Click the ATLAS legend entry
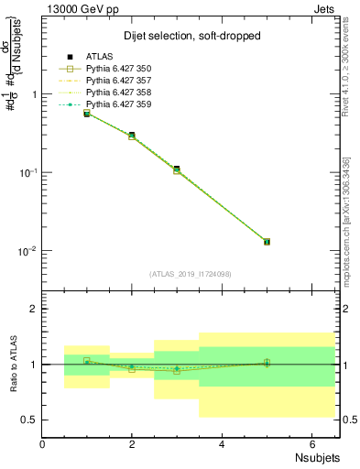click(x=99, y=56)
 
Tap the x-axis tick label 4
click(x=222, y=444)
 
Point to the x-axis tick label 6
click(x=311, y=444)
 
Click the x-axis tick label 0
click(x=43, y=444)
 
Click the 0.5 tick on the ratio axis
click(x=29, y=420)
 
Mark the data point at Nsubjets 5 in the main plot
click(x=267, y=242)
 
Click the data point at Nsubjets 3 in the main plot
click(x=177, y=169)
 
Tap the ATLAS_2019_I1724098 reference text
click(x=191, y=274)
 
